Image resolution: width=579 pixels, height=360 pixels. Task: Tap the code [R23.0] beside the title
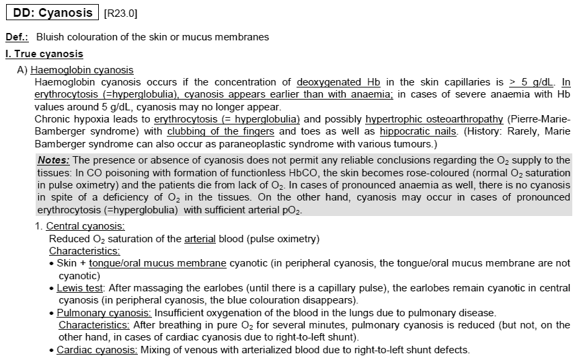pos(121,13)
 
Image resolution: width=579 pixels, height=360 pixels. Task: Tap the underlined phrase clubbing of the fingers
pos(221,131)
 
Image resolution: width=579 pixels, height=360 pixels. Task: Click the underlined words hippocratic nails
pos(410,131)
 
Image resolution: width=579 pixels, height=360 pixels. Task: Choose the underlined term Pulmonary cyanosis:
pos(105,313)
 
